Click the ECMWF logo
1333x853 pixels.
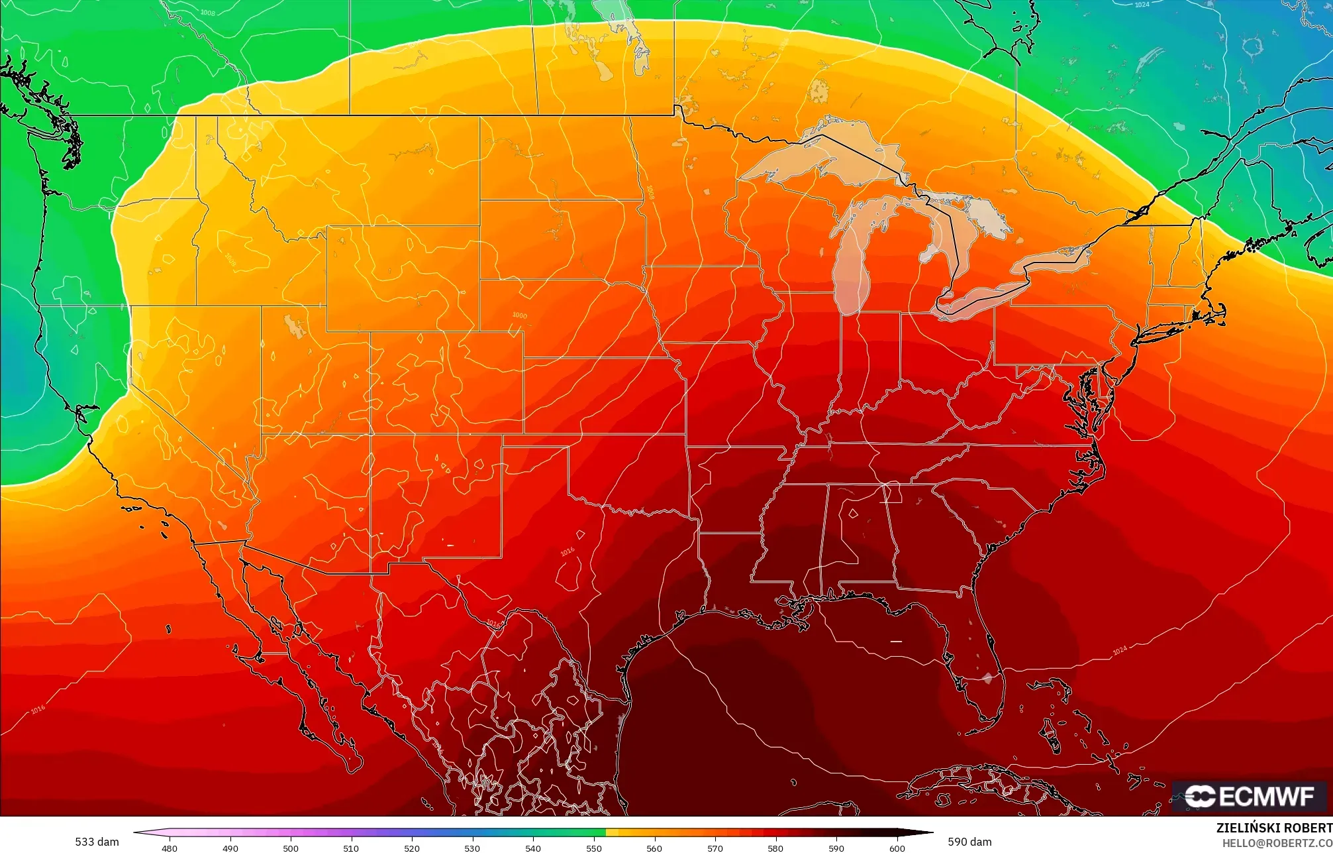pos(1249,796)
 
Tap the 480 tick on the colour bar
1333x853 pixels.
pos(170,848)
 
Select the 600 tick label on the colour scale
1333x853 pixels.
pos(897,848)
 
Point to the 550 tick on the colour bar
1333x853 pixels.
pos(593,848)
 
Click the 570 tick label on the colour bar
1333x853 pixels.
pos(715,848)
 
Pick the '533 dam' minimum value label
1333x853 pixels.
pos(97,842)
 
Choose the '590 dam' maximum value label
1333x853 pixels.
pos(969,842)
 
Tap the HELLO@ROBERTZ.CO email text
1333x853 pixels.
pos(1277,843)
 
